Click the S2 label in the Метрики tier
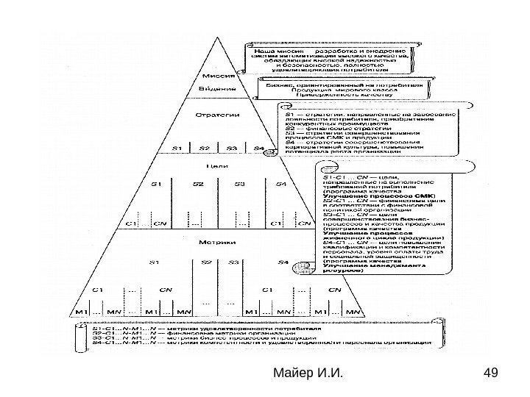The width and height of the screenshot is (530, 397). [207, 240]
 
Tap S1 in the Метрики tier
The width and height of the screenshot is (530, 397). [154, 240]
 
